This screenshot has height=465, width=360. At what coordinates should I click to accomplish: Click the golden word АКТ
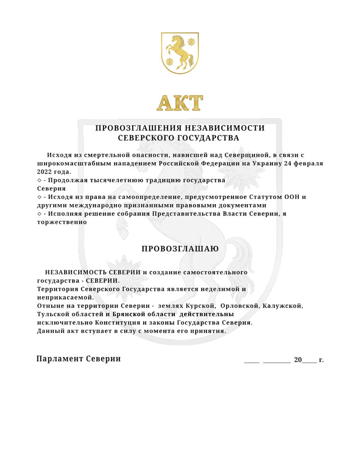[x=180, y=103]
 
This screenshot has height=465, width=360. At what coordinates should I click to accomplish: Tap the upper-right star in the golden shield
[x=191, y=42]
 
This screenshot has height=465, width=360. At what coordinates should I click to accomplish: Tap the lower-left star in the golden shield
[x=169, y=61]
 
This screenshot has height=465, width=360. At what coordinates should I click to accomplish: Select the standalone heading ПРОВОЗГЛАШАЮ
[x=180, y=249]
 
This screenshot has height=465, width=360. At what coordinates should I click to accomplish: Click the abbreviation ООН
[x=293, y=197]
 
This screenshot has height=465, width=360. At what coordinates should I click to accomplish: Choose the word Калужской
[x=282, y=306]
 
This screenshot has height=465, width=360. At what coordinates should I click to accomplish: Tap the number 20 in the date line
[x=298, y=360]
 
